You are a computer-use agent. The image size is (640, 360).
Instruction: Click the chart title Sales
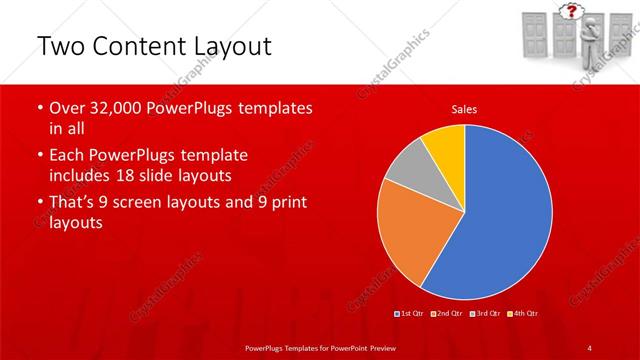(x=463, y=108)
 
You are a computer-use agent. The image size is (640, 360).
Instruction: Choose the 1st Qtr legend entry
(x=410, y=314)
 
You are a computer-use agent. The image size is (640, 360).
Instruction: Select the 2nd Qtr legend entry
(x=446, y=314)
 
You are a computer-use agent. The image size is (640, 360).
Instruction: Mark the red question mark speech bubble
(x=571, y=12)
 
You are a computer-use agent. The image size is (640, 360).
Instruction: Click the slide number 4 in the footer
(x=590, y=347)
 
